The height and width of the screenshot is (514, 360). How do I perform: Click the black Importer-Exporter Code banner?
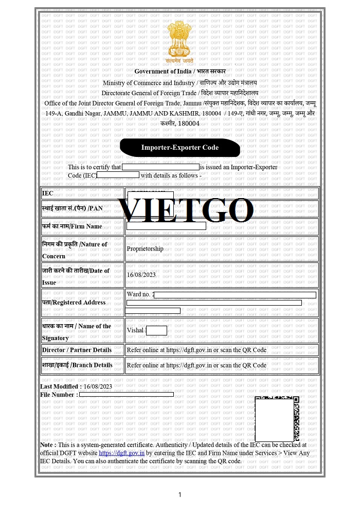coord(180,148)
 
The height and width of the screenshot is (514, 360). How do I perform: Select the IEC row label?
coord(48,193)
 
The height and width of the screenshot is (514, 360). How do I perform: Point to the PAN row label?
coord(73,208)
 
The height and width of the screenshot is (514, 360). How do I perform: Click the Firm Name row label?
coord(72,226)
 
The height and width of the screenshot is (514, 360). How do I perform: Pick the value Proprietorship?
coord(145,249)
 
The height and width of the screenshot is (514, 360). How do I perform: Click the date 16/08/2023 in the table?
coord(141,275)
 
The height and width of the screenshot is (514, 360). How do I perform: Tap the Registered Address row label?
coord(74,303)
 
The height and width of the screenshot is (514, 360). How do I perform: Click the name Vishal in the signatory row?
coord(135,330)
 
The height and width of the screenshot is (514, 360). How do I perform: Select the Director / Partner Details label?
coord(77,350)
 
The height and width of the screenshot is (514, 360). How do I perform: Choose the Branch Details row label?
coord(77,365)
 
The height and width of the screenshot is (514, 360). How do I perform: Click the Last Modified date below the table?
coord(98,386)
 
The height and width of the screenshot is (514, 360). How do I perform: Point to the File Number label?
coord(59,395)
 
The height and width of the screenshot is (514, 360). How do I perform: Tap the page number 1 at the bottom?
coord(180,495)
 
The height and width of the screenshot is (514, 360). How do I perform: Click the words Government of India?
coord(163,72)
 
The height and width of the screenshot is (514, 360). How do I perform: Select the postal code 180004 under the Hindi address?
coord(188,123)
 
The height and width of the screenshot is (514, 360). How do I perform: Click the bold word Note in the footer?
coord(48,445)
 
